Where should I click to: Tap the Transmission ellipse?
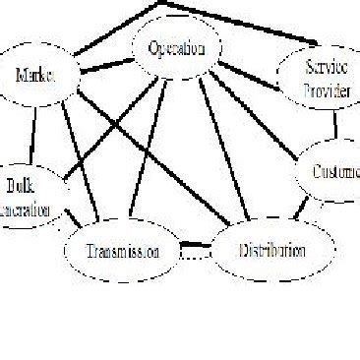pyautogui.click(x=124, y=250)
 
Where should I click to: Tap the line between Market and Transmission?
pyautogui.click(x=81, y=157)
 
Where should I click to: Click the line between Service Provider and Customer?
pyautogui.click(x=336, y=124)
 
